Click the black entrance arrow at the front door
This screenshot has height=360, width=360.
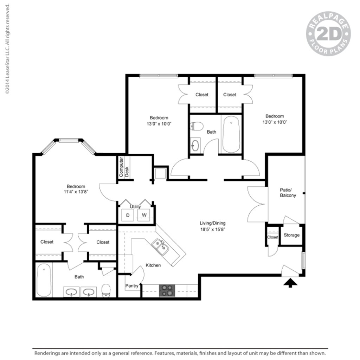290,282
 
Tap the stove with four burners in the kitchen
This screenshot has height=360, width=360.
167,290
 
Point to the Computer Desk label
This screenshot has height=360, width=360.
124,167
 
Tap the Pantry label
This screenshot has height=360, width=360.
132,286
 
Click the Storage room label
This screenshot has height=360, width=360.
291,235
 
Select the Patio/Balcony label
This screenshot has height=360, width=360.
288,193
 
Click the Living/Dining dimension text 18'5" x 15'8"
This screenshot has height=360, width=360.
212,229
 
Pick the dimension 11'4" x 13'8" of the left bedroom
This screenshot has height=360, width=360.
76,192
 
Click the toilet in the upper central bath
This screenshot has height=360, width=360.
197,126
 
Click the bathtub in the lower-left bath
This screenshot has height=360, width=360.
44,280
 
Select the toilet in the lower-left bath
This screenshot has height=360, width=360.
106,290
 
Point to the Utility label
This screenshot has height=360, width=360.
135,207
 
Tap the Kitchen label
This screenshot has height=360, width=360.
153,265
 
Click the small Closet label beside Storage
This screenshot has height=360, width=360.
272,237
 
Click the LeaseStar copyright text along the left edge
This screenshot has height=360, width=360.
7,49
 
